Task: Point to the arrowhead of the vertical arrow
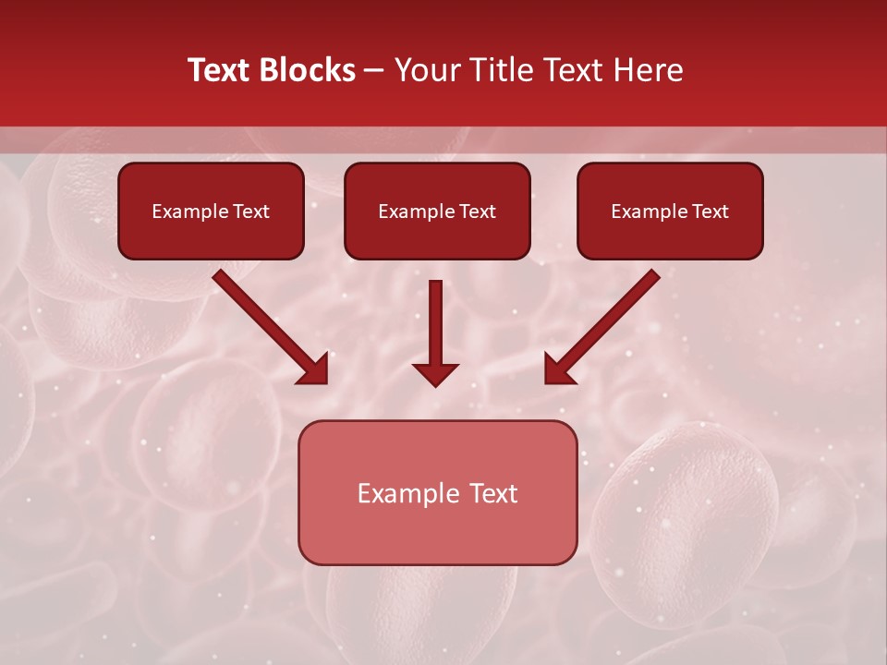click(435, 374)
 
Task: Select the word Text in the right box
click(711, 212)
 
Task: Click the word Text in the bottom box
click(494, 494)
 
